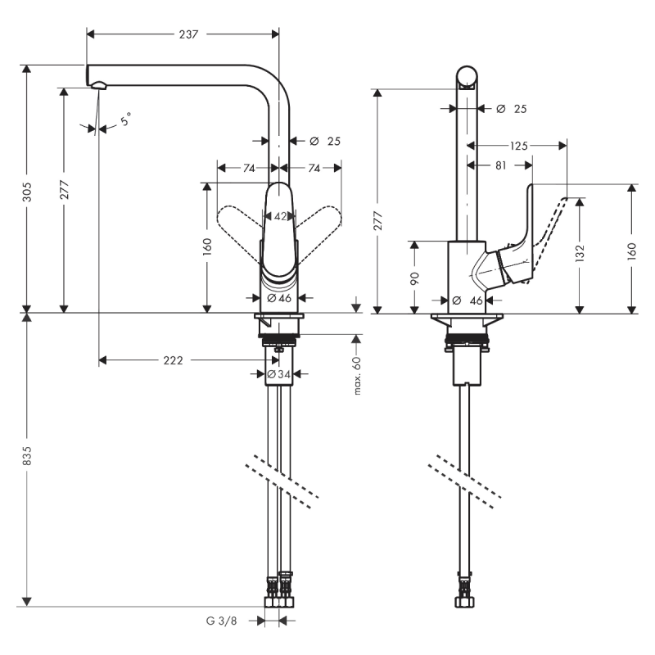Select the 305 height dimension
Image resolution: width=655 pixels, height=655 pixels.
(27, 191)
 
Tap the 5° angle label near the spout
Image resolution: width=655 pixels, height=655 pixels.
(124, 121)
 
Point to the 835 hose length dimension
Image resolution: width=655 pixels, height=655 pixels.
(27, 459)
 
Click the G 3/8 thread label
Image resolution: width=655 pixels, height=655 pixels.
(221, 621)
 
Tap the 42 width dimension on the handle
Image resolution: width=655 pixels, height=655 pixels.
(280, 217)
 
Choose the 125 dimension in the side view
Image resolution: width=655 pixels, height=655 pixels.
(517, 146)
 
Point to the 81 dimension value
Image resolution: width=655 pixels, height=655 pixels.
(500, 165)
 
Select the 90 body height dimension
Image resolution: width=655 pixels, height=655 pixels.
(414, 278)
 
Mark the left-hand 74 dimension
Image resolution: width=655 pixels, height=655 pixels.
(246, 168)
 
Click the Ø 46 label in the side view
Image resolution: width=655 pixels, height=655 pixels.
(470, 300)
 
